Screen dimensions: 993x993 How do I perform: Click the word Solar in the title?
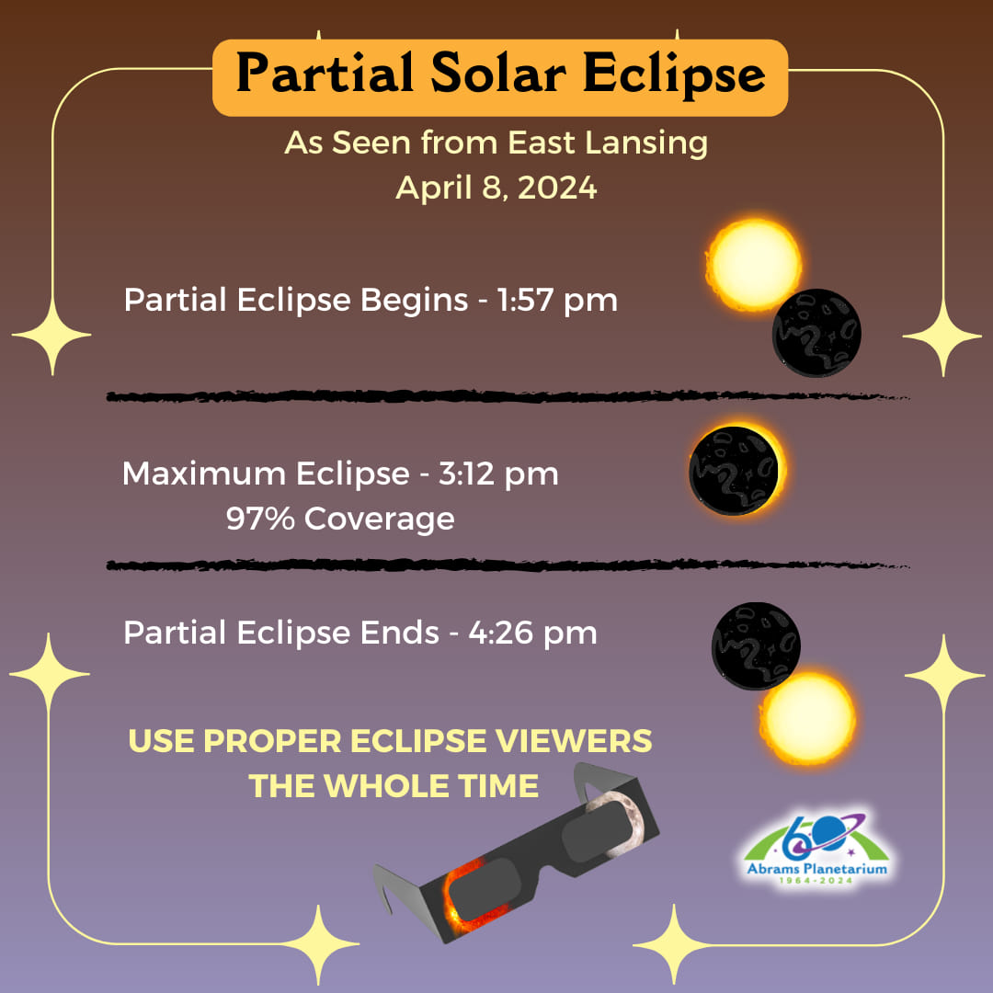tap(498, 74)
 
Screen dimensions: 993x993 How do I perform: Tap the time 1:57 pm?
tap(557, 300)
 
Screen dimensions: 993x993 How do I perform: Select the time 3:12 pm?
tap(498, 474)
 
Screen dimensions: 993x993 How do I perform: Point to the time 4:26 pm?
tap(532, 633)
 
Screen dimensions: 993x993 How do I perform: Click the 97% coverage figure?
tap(260, 518)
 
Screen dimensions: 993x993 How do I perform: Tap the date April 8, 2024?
tap(496, 188)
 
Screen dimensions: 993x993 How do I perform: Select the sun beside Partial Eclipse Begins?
tap(752, 265)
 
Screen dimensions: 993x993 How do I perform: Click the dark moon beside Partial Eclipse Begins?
tap(816, 333)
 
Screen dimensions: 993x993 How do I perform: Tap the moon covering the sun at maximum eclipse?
tap(734, 471)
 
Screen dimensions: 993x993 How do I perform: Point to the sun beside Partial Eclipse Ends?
tap(807, 719)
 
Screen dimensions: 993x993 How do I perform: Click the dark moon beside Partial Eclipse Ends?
tap(756, 646)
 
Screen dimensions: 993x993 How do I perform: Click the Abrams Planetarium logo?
tap(817, 849)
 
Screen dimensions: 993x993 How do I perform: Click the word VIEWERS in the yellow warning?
tap(574, 741)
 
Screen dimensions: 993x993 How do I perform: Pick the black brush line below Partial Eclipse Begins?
tap(508, 396)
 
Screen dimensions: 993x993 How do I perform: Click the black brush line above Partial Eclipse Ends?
tap(508, 565)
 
